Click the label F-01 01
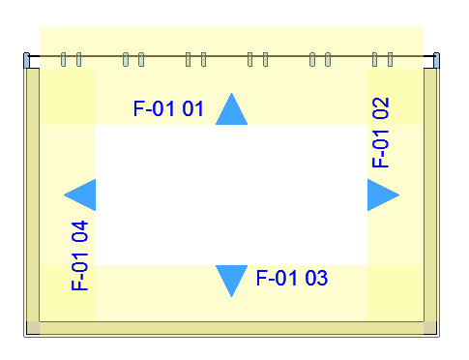click(168, 108)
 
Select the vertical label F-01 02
click(381, 133)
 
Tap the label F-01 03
click(292, 278)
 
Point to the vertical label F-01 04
click(79, 255)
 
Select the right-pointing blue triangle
click(381, 195)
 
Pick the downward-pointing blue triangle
click(231, 279)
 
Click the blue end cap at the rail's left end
click(26, 60)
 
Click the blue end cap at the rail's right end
click(436, 60)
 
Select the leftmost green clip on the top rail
click(63, 60)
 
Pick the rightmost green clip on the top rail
click(390, 60)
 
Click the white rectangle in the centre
click(231, 195)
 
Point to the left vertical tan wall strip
click(33, 195)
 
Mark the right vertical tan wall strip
click(430, 195)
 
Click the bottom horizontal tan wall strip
click(231, 328)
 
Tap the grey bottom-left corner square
click(33, 328)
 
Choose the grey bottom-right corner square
click(430, 328)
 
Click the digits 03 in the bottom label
click(316, 278)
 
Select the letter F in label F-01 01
click(138, 108)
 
